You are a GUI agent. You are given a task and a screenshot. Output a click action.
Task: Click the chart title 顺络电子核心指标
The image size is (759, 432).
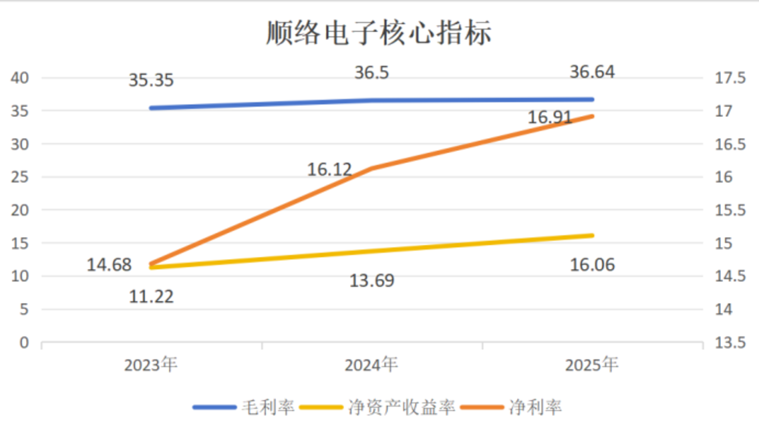point(378,33)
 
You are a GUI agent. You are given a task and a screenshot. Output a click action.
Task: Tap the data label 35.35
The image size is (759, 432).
point(151,81)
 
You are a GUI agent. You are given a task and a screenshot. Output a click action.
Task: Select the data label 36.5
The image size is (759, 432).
point(372,72)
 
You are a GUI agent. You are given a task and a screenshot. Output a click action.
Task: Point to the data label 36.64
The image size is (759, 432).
point(592,72)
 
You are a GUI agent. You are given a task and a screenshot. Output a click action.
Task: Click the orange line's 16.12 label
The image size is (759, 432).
point(329,170)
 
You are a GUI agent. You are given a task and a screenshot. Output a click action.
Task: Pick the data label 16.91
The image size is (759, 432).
point(550,117)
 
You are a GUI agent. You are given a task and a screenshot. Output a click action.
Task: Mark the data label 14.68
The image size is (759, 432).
point(109,264)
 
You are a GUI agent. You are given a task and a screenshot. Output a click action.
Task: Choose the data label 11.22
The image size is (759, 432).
point(151,297)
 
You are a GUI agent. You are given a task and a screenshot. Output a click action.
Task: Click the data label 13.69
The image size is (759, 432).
point(372,280)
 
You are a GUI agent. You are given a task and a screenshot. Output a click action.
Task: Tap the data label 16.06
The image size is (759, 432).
point(592,264)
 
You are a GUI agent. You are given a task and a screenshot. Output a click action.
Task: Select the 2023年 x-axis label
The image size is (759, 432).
point(151,365)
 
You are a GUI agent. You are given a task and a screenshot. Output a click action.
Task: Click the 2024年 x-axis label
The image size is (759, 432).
point(372,365)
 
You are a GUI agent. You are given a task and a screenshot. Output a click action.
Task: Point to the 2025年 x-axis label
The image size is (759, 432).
point(592,365)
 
